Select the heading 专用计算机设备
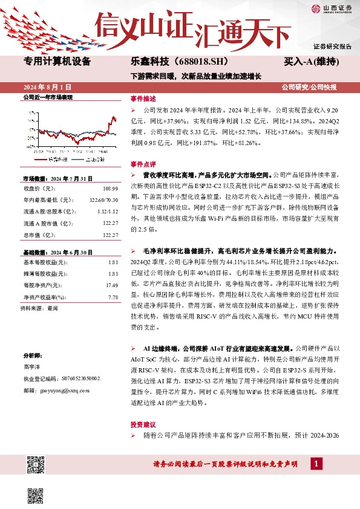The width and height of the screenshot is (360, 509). click(56, 61)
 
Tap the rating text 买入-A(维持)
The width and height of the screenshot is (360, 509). click(310, 62)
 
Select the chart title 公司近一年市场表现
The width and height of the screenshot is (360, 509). click(47, 97)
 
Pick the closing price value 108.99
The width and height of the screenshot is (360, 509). click(110, 189)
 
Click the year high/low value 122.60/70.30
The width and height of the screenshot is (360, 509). click(103, 200)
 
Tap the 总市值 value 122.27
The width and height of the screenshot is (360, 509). click(110, 235)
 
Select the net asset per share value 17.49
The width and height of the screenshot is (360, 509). click(111, 285)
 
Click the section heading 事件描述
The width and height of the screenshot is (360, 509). click(143, 99)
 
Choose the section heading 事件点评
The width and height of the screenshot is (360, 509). click(143, 164)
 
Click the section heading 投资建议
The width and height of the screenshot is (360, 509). click(143, 424)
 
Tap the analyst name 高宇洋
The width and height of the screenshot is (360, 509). click(32, 366)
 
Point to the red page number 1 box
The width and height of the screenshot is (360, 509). click(315, 464)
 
